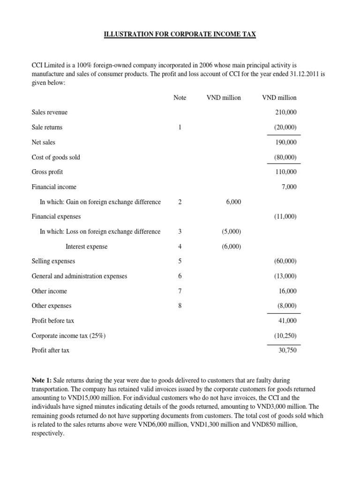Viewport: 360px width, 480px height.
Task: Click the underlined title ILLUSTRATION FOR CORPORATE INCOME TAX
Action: pos(180,35)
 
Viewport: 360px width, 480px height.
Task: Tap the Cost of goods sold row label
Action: pos(56,157)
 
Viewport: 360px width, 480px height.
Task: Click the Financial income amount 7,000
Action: pos(289,187)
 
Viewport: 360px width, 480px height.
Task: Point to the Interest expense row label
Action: pos(86,247)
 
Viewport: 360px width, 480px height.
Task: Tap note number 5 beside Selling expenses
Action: pos(180,261)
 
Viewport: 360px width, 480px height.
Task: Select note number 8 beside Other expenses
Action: pos(180,306)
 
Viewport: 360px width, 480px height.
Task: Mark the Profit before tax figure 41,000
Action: pos(287,321)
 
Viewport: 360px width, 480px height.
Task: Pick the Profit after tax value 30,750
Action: pos(287,350)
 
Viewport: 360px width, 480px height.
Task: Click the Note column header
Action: pos(180,97)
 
